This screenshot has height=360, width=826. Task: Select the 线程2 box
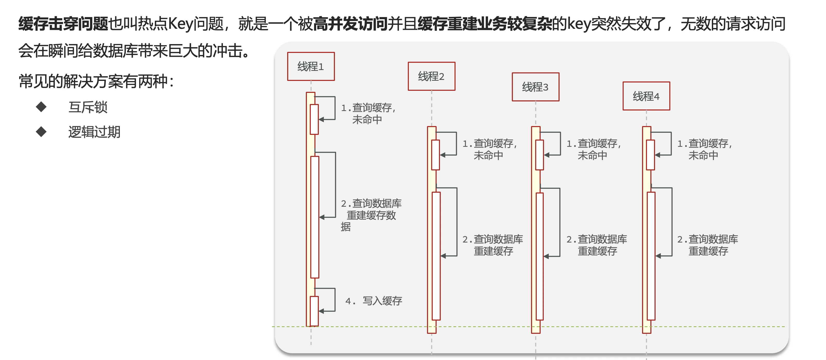coord(431,76)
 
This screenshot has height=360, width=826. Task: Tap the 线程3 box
coord(535,87)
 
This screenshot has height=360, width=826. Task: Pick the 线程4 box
coord(646,96)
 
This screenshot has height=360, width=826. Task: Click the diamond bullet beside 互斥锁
coord(41,107)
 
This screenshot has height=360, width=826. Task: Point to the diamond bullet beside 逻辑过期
coord(41,131)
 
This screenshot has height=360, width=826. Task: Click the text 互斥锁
coord(88,107)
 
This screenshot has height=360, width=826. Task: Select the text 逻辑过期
coord(94,132)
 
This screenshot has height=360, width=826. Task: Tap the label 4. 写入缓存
coord(374,301)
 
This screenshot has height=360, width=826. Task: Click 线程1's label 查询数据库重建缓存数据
coord(371,215)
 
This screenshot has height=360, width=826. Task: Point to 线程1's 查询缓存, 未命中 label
coord(368,114)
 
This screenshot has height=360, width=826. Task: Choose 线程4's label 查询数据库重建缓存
coord(707,245)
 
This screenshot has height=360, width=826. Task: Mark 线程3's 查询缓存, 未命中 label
coord(594,149)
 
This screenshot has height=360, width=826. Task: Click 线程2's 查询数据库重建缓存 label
coord(493,245)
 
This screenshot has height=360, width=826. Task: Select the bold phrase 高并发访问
coord(350,24)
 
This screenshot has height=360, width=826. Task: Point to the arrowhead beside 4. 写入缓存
coord(321,311)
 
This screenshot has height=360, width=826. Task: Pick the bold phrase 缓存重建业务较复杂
coord(485,24)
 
